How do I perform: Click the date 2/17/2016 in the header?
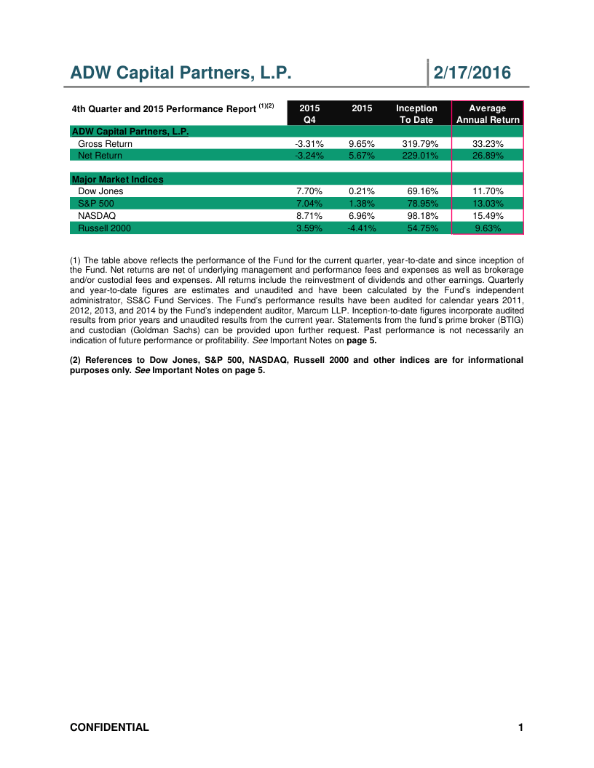472,73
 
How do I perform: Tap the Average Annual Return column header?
488,114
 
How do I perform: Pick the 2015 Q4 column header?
309,114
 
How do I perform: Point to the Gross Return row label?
105,144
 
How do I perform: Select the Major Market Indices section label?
116,179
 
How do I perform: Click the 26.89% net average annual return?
488,155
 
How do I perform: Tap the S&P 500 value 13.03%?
488,204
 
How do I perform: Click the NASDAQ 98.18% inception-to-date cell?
420,216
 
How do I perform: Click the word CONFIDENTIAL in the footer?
109,727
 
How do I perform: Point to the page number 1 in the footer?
520,727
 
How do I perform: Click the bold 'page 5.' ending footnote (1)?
357,340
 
